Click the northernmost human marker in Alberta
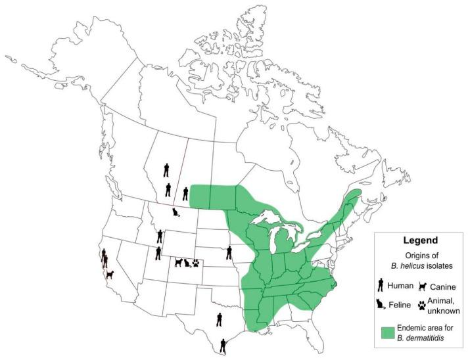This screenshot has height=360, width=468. click(x=166, y=170)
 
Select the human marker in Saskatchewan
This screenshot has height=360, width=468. click(x=185, y=193)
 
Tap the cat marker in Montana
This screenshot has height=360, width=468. click(x=175, y=212)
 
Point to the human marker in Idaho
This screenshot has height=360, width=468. click(x=160, y=236)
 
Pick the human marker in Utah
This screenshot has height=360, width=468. click(x=158, y=252)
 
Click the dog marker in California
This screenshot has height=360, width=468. click(x=109, y=274)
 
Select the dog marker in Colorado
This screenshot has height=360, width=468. click(x=177, y=262)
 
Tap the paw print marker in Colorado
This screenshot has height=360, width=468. click(x=195, y=263)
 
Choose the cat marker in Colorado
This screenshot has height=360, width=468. click(x=187, y=263)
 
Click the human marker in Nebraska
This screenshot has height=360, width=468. click(x=229, y=252)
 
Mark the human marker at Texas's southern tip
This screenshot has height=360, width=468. click(x=223, y=344)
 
